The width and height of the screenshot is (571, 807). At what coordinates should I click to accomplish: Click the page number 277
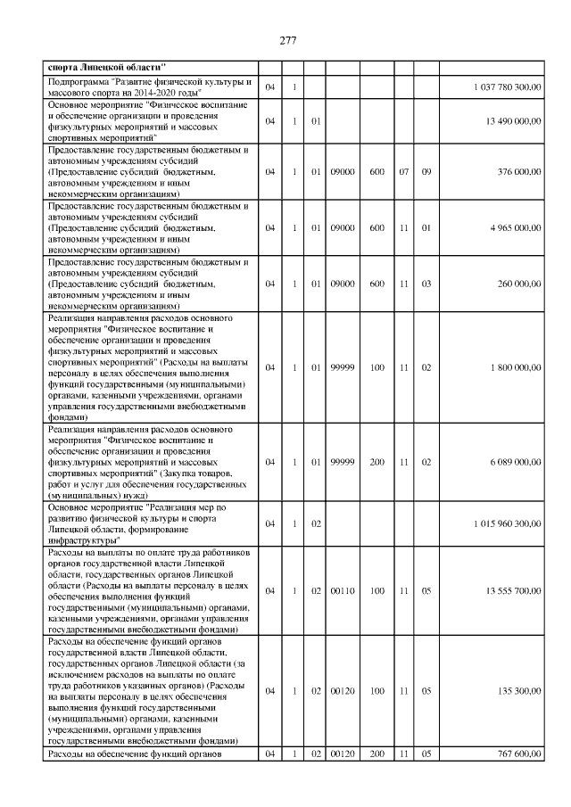tap(286, 40)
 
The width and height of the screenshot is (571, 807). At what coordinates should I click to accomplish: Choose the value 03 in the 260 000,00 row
tap(426, 284)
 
